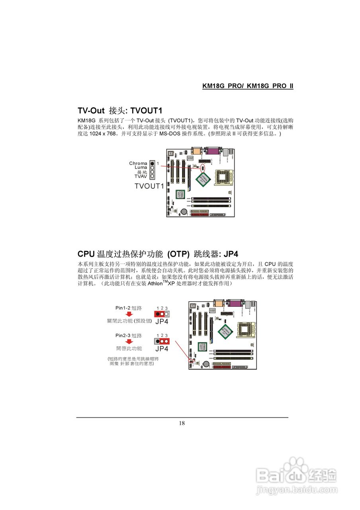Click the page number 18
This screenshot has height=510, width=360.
pyautogui.click(x=182, y=423)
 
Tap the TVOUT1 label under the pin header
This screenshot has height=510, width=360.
pyautogui.click(x=149, y=186)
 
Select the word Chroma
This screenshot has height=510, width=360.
pyautogui.click(x=138, y=163)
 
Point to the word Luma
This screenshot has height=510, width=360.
pyautogui.click(x=141, y=168)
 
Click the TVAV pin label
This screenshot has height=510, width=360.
pyautogui.click(x=141, y=176)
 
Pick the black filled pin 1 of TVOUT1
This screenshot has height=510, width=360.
pyautogui.click(x=152, y=163)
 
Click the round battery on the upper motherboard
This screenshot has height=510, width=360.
pyautogui.click(x=184, y=211)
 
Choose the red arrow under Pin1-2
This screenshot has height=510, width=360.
pyautogui.click(x=129, y=314)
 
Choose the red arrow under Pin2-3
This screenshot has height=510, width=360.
pyautogui.click(x=129, y=342)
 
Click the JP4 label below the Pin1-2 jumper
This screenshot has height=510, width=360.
pyautogui.click(x=162, y=321)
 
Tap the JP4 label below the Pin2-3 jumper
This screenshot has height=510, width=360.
pyautogui.click(x=162, y=349)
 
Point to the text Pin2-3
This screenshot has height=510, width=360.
pyautogui.click(x=123, y=335)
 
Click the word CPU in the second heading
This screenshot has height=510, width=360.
pyautogui.click(x=86, y=254)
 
